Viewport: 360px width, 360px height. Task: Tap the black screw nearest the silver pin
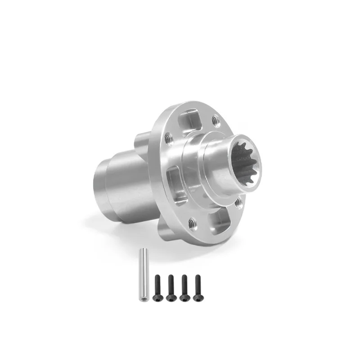tap(157, 287)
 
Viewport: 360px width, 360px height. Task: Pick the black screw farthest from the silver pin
tap(197, 287)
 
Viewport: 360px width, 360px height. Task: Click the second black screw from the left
tap(171, 287)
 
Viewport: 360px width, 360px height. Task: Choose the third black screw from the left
tap(184, 287)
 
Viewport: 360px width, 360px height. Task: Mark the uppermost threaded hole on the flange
tap(216, 120)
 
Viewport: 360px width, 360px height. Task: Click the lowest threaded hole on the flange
tap(192, 221)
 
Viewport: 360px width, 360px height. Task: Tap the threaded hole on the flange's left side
tap(168, 139)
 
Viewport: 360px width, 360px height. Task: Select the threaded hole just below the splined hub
tap(238, 203)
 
